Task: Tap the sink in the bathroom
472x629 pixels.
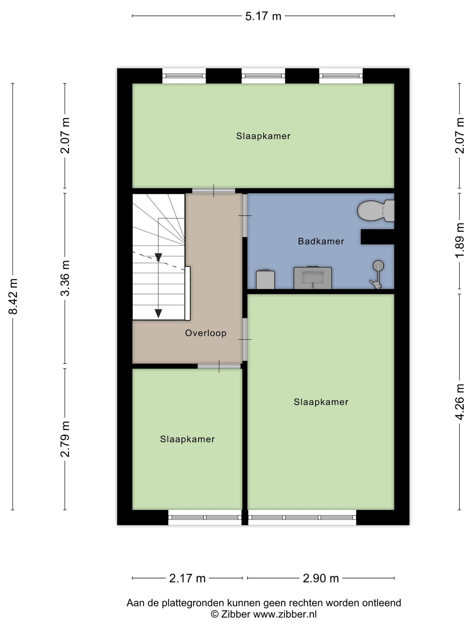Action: click(x=312, y=278)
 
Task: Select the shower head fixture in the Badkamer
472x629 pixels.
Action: click(x=378, y=265)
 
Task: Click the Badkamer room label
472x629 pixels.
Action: click(x=321, y=241)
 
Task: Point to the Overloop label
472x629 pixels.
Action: click(x=206, y=333)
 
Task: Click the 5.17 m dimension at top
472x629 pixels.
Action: click(x=263, y=16)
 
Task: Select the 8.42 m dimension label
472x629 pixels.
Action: click(x=13, y=296)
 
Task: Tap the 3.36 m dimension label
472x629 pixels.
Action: click(x=65, y=278)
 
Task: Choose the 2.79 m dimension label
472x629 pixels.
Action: click(x=65, y=439)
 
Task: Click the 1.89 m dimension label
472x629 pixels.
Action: click(x=460, y=240)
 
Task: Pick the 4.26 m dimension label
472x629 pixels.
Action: click(x=460, y=401)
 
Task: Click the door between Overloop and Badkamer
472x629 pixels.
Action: click(x=245, y=216)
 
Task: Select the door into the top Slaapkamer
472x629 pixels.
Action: click(x=213, y=191)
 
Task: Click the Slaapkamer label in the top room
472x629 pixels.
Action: click(x=263, y=136)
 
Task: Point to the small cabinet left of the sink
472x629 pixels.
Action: click(x=265, y=279)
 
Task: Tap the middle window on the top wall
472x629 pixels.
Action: click(x=263, y=76)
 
